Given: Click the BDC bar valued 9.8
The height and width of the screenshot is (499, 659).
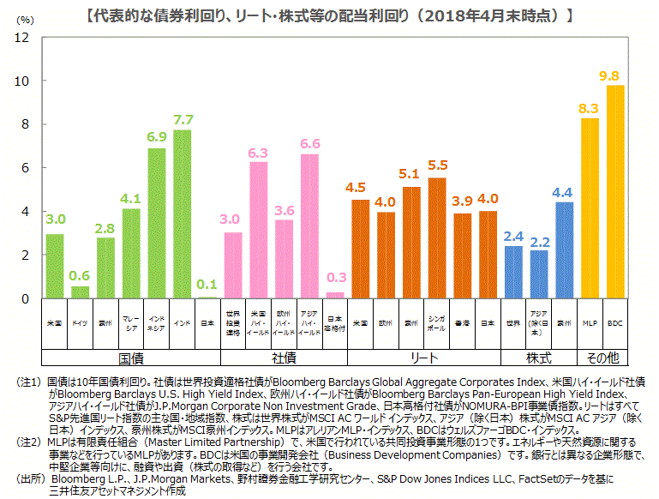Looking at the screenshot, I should (615, 192).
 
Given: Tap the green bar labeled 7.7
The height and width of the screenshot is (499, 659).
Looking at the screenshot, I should (183, 214).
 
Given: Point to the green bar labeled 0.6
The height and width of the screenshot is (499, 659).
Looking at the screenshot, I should (80, 292).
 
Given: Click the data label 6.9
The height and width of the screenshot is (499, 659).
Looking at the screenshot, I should (157, 136).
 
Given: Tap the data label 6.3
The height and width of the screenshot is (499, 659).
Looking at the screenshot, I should (259, 152).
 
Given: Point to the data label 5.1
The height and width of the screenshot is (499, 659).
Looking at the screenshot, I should (411, 174).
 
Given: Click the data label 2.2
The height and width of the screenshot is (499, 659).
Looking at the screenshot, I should (539, 241).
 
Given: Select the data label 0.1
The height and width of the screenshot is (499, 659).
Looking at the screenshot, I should (207, 284).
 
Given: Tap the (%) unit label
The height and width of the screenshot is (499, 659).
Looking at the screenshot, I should (26, 19).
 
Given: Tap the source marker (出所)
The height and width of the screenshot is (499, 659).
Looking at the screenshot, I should (23, 478).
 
